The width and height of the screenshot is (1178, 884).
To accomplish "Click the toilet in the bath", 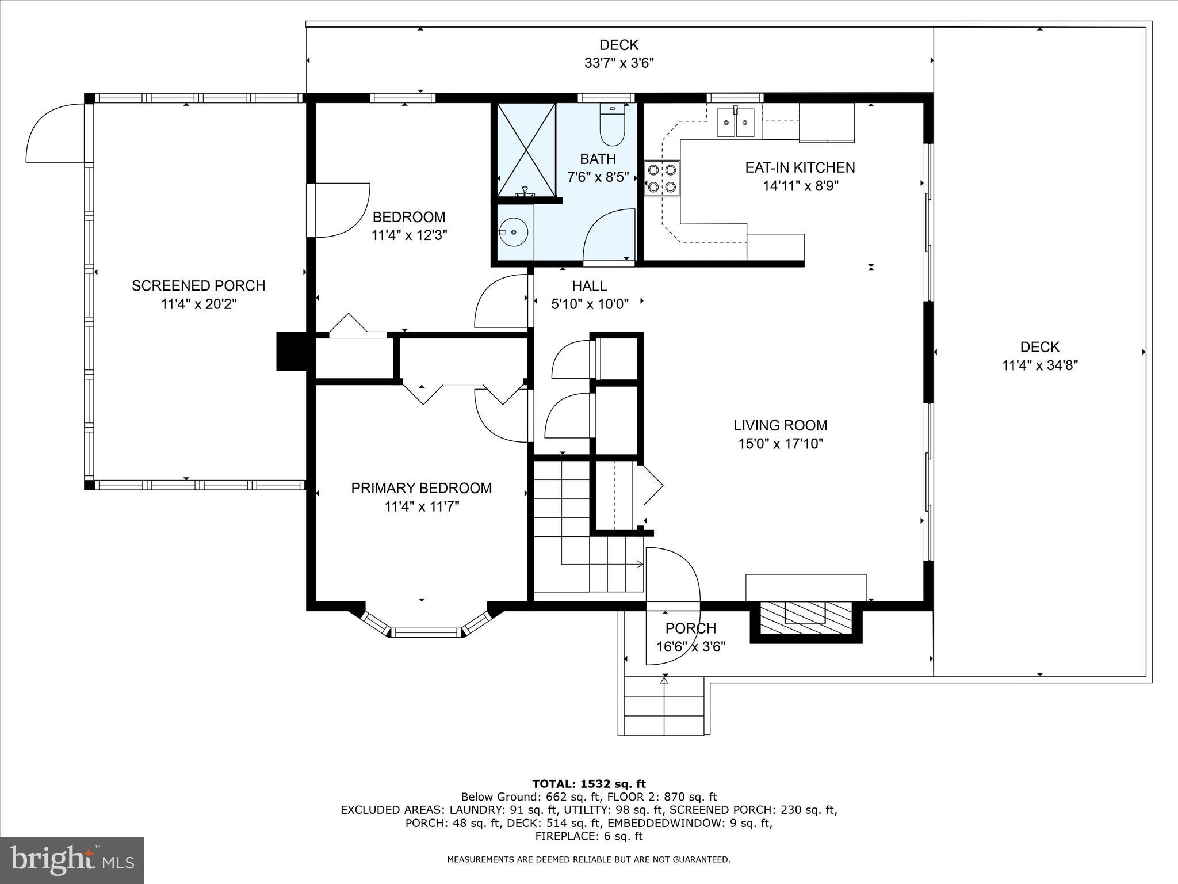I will point(612,125).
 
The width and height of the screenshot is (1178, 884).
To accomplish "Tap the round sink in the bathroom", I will point(513,233).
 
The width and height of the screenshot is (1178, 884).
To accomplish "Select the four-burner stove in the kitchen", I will point(661,178).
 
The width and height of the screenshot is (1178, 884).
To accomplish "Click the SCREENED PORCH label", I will point(198,285).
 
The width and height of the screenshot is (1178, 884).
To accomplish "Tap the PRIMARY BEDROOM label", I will point(421,488).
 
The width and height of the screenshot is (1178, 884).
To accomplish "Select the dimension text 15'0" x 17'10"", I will point(781,444).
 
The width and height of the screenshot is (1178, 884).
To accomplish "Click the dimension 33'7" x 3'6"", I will point(619,63).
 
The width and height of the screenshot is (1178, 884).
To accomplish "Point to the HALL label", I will point(589,285).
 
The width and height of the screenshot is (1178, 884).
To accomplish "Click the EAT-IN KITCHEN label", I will point(800,167).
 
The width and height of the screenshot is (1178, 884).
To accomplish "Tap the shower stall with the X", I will point(526,150).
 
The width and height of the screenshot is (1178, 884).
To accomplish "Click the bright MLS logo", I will point(72,860).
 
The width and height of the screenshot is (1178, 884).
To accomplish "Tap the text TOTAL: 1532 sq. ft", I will point(589,784).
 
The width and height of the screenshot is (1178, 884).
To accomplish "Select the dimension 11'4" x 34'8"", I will point(1039,365).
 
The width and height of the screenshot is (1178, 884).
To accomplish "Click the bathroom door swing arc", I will point(608,236).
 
